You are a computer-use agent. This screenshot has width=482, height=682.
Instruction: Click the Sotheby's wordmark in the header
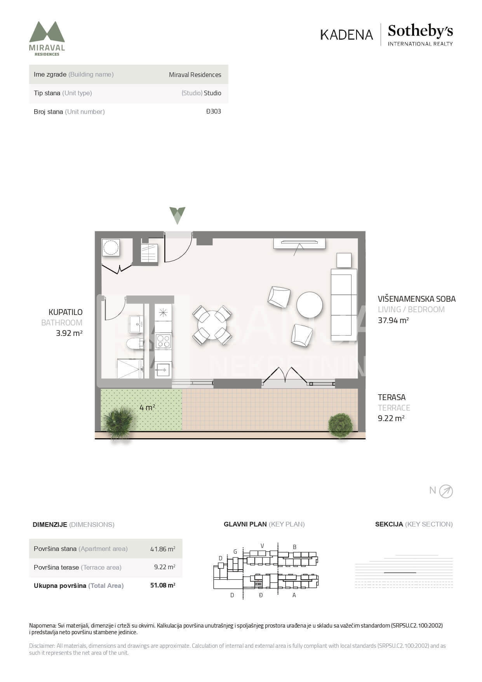[420, 31]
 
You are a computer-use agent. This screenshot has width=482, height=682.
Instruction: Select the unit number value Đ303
[213, 111]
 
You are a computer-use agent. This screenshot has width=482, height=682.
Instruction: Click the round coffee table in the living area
[310, 305]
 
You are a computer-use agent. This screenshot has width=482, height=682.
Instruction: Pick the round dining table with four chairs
[212, 325]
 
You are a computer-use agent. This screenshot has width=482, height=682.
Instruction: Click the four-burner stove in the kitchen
[163, 341]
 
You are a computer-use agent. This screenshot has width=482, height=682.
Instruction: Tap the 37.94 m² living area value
[393, 320]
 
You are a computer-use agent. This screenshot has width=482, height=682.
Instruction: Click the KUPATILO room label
[65, 312]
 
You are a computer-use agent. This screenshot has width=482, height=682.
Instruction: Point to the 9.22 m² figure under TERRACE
[391, 418]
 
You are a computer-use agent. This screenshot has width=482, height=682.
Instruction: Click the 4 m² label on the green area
[147, 407]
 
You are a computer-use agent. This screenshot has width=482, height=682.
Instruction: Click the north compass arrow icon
[446, 491]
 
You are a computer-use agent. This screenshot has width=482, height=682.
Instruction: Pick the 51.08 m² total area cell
[163, 585]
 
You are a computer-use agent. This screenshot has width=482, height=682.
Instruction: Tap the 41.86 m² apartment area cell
[163, 549]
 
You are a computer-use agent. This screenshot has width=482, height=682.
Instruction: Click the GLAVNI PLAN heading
[245, 524]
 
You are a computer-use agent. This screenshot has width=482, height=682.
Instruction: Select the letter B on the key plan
[294, 547]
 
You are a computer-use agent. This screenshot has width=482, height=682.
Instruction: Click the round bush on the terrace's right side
[340, 425]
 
